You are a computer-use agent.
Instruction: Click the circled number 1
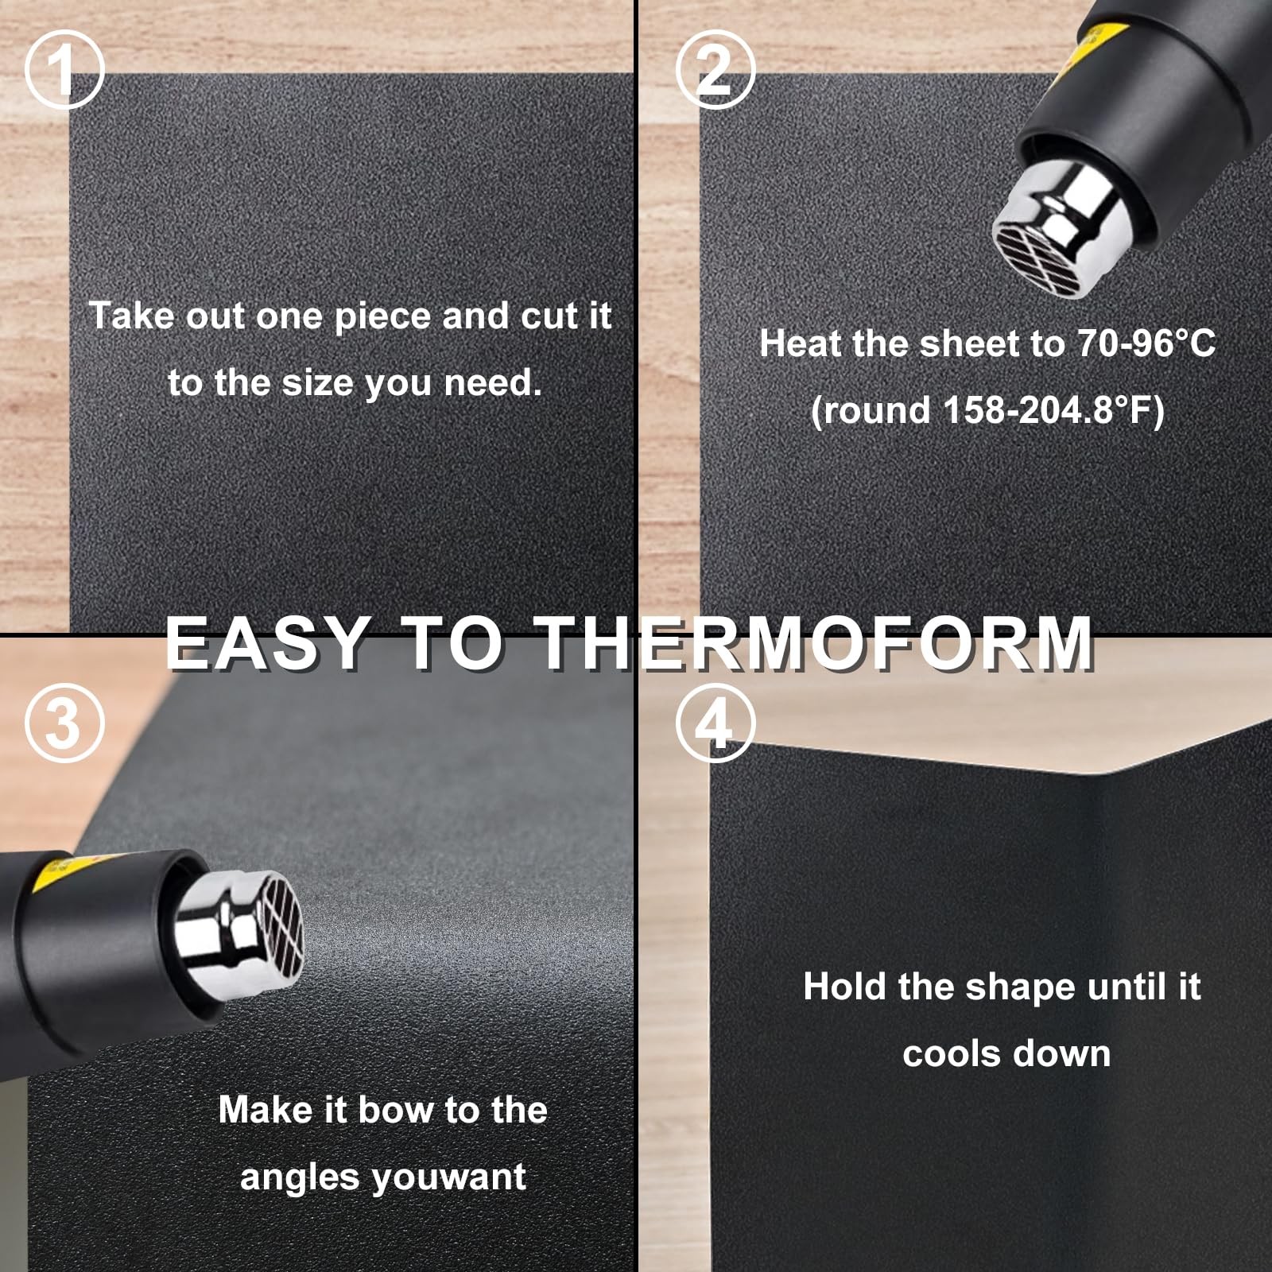pyautogui.click(x=64, y=70)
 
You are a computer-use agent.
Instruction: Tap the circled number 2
pyautogui.click(x=715, y=70)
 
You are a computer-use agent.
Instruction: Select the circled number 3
pyautogui.click(x=64, y=723)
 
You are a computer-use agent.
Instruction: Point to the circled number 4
pyautogui.click(x=715, y=723)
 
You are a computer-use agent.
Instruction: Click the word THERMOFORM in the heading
pyautogui.click(x=816, y=642)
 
